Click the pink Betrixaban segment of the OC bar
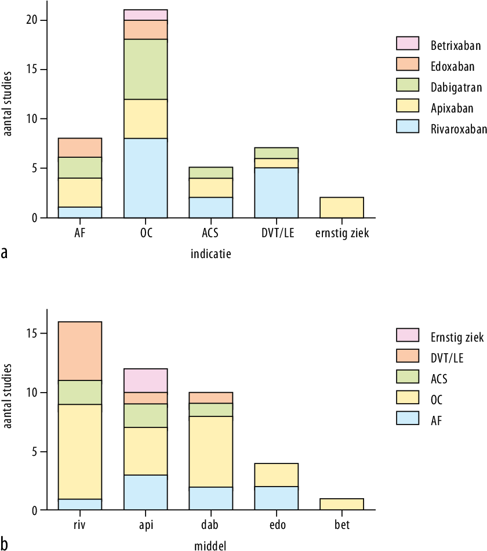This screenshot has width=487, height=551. (x=146, y=15)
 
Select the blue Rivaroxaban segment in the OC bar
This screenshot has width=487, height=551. (x=146, y=178)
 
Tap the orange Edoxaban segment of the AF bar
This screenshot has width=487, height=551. (x=80, y=147)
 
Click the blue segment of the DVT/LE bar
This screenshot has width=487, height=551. (x=277, y=193)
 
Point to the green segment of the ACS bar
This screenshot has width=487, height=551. (x=211, y=172)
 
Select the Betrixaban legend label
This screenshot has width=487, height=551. (x=455, y=44)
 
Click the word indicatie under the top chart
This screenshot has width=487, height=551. (x=211, y=254)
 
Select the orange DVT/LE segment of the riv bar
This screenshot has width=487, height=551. (x=80, y=351)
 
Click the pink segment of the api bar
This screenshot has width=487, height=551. (x=146, y=380)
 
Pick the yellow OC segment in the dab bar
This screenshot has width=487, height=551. (x=211, y=451)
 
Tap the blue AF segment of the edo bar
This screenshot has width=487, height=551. (x=277, y=498)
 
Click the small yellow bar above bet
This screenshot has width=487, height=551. (x=342, y=504)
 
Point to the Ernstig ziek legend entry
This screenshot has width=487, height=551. (x=457, y=336)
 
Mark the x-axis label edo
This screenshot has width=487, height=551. (x=277, y=526)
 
